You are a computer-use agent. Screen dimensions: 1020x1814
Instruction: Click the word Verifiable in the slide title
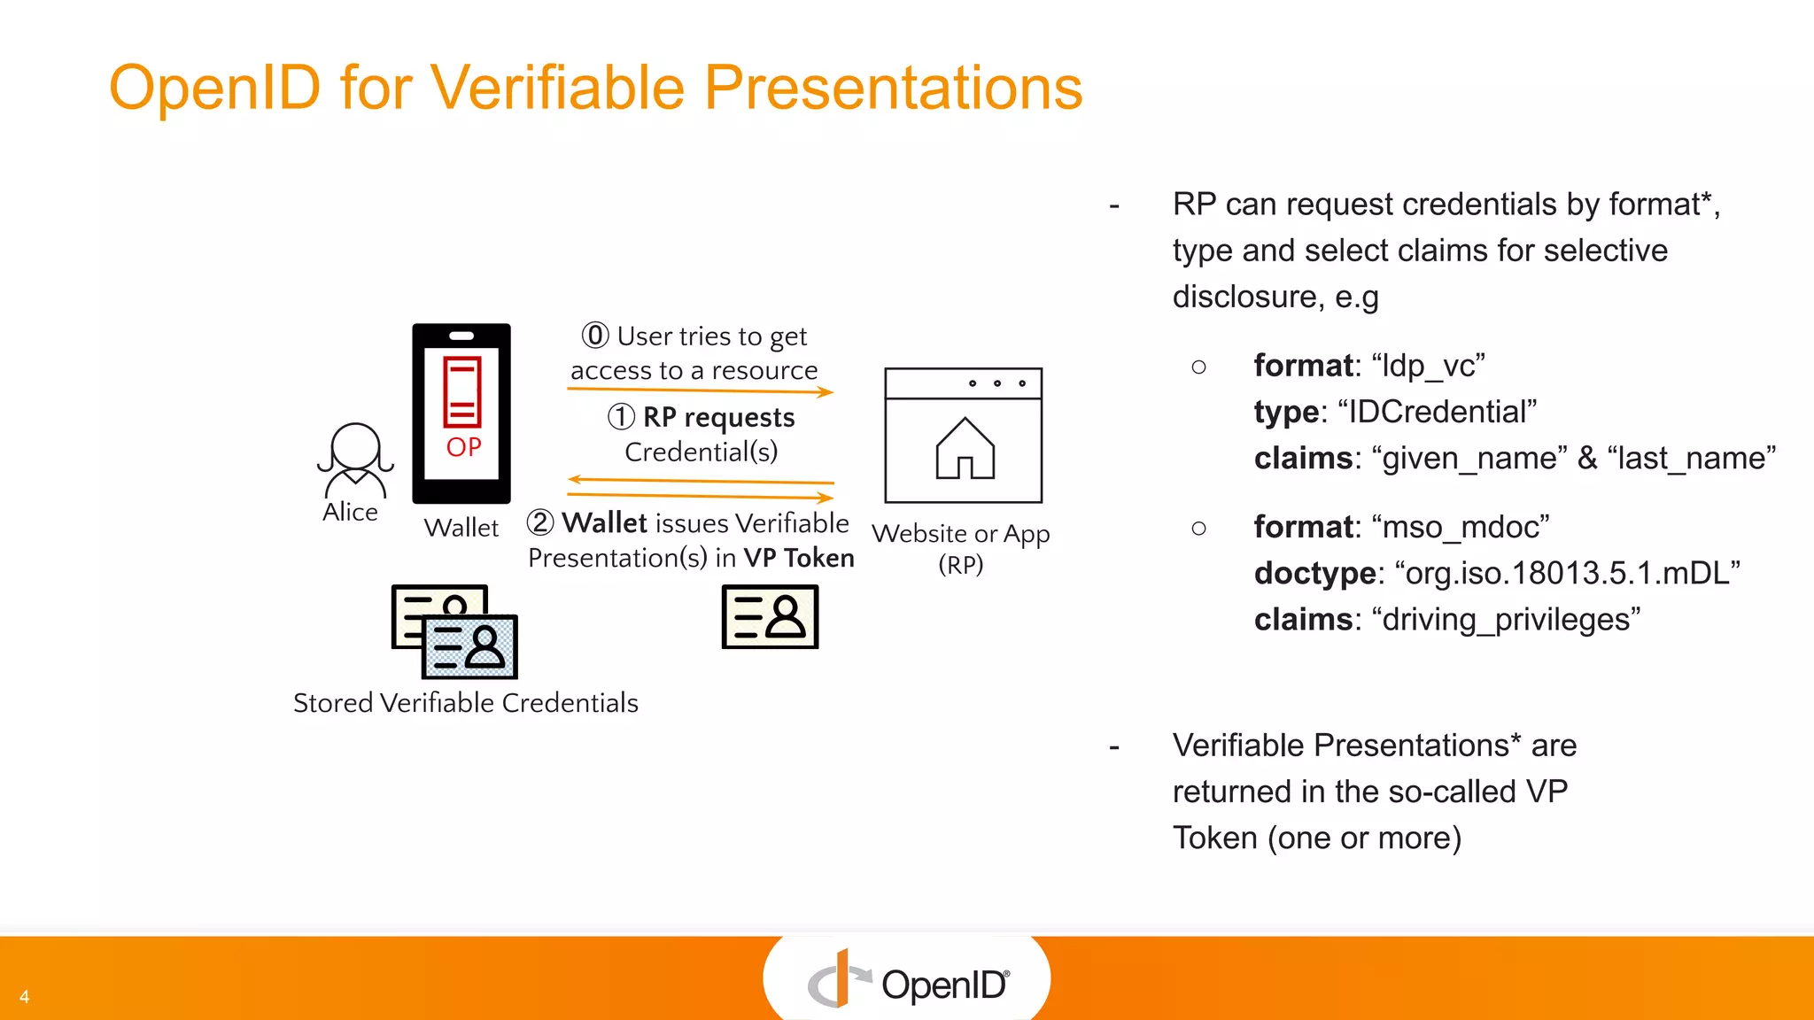[x=558, y=89]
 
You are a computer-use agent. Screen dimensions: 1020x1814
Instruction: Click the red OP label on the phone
[x=463, y=447]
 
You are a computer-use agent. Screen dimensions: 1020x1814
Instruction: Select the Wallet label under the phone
[x=461, y=528]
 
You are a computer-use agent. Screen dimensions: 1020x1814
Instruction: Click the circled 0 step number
[x=595, y=336]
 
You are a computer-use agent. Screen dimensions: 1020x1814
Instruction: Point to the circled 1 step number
[x=622, y=416]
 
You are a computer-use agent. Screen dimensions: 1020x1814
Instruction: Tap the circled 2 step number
[x=540, y=522]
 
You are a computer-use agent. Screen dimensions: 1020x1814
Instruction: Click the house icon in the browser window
[x=965, y=449]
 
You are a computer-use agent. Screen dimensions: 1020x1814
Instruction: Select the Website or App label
[x=960, y=534]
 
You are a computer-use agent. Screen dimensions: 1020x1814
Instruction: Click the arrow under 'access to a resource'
[x=700, y=390]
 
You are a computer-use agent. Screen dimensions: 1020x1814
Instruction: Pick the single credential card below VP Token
[x=770, y=617]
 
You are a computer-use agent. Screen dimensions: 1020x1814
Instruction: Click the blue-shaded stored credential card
[x=470, y=647]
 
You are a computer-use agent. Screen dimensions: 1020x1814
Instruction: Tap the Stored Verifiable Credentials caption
[x=465, y=703]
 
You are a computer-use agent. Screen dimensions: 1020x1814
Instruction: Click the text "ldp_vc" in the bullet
[x=1428, y=366]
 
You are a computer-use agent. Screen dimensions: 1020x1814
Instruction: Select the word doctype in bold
[x=1314, y=573]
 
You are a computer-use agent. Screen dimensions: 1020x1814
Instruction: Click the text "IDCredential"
[x=1437, y=412]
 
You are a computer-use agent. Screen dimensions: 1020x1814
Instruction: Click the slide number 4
[x=25, y=996]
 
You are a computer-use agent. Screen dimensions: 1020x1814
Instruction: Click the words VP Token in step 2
[x=798, y=558]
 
